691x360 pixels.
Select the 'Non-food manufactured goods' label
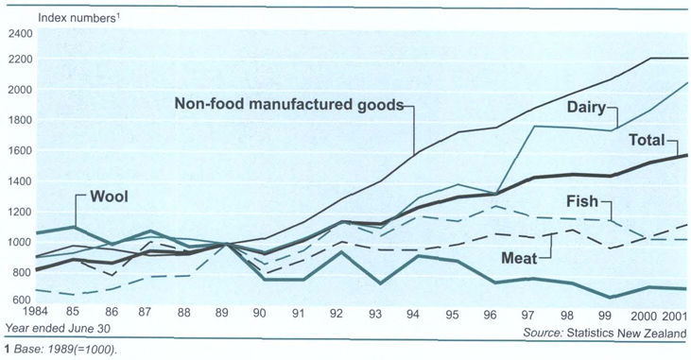click(x=288, y=103)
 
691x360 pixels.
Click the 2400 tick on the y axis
click(x=20, y=33)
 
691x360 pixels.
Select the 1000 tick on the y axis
click(x=20, y=243)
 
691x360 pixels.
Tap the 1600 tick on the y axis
click(x=20, y=151)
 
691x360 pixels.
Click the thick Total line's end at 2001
click(x=686, y=155)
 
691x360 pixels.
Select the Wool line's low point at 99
click(x=612, y=297)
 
